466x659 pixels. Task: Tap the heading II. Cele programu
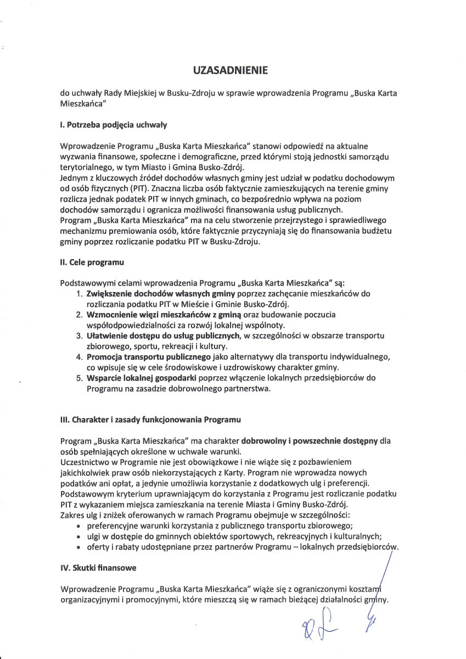click(x=92, y=263)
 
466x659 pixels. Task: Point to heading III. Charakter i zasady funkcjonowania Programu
click(x=150, y=419)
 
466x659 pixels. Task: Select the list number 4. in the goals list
click(x=79, y=357)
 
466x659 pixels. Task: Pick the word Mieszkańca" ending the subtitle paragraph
click(x=82, y=103)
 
